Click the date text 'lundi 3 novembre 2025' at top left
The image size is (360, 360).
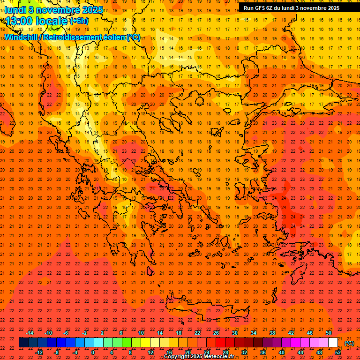54,10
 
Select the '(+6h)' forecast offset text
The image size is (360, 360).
78,21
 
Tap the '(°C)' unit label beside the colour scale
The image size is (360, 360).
349,343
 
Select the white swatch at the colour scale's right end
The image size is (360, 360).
333,343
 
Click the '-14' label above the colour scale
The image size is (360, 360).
30,333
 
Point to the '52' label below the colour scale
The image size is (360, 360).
338,352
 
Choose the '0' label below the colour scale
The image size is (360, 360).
93,352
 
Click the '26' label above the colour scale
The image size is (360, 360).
216,333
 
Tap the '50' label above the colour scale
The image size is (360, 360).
329,333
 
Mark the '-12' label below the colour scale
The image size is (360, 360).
39,352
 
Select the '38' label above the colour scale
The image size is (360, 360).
272,333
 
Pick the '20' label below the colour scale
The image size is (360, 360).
187,352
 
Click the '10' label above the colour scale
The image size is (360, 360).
141,333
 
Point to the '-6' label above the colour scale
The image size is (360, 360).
67,333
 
